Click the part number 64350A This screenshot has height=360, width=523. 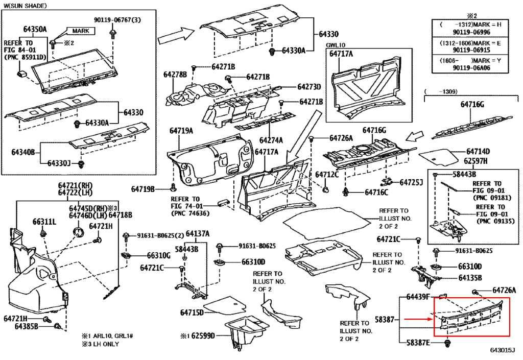pos(35,29)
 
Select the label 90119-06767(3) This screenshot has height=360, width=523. pos(117,20)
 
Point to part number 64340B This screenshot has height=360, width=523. pos(22,152)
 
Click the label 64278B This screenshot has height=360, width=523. pos(175,75)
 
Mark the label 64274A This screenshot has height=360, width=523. pos(271,140)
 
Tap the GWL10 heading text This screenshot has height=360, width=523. pos(336,45)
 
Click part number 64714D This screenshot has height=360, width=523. pos(478,152)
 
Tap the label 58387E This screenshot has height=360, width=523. pos(418,342)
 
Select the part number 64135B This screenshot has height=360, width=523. pos(470,278)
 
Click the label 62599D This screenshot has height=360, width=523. pos(201,335)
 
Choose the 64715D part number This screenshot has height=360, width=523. pos(192,312)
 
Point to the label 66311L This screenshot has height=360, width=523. pos(44,222)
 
